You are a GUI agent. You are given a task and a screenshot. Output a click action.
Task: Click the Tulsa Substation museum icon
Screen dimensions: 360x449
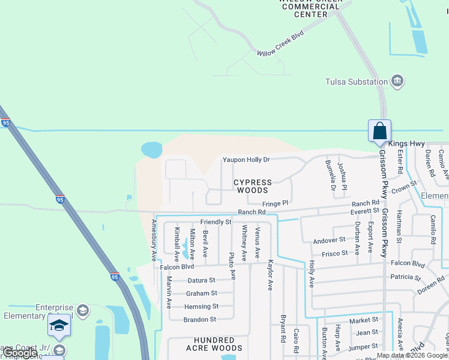pyautogui.click(x=397, y=82)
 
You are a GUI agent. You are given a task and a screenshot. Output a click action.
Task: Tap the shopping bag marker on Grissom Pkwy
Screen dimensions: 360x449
pyautogui.click(x=379, y=131)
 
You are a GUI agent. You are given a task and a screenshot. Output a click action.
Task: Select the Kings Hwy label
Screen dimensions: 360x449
pyautogui.click(x=406, y=144)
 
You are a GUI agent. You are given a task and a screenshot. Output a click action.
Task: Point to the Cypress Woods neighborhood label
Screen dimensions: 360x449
pyautogui.click(x=252, y=186)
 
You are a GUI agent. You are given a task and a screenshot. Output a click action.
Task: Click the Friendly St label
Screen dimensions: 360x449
pyautogui.click(x=215, y=222)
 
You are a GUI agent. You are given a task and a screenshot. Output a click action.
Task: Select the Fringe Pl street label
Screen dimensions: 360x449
pyautogui.click(x=276, y=203)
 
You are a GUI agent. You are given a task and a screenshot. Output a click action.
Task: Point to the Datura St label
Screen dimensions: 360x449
pyautogui.click(x=200, y=280)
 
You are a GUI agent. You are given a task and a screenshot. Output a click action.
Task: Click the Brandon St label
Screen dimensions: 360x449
pyautogui.click(x=199, y=320)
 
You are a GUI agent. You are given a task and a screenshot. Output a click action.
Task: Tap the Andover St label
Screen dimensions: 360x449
pyautogui.click(x=330, y=240)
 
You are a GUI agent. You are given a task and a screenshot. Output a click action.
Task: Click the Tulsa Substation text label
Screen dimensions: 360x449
pyautogui.click(x=357, y=82)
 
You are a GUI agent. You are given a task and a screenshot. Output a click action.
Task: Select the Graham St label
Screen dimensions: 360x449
pyautogui.click(x=201, y=293)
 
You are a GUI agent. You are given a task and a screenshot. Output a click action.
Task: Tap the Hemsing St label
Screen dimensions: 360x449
pyautogui.click(x=201, y=307)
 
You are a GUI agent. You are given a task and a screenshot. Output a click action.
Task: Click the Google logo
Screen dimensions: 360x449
pyautogui.click(x=20, y=353)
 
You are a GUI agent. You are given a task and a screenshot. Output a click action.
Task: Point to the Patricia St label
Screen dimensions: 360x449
pyautogui.click(x=406, y=277)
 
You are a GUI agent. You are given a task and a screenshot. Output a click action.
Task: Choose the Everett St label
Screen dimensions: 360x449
pyautogui.click(x=365, y=211)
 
